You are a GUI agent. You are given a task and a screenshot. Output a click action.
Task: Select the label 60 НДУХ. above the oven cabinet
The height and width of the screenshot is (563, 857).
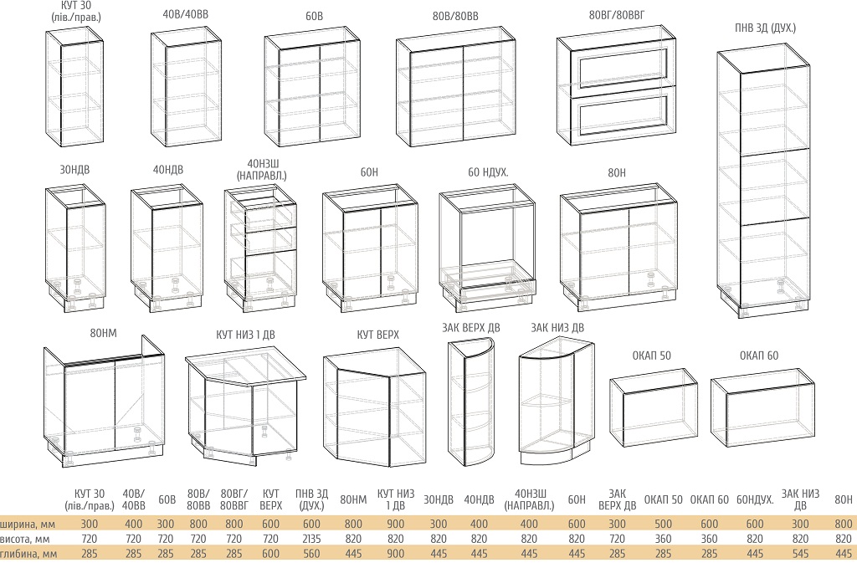tap(488, 172)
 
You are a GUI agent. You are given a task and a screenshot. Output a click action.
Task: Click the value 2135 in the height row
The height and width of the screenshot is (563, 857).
tap(311, 539)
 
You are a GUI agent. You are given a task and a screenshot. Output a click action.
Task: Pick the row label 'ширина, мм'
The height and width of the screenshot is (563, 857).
tap(28, 525)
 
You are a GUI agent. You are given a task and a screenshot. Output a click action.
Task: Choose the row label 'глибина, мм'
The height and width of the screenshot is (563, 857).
tap(28, 554)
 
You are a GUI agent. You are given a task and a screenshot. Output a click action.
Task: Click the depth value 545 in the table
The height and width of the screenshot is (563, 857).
tap(800, 554)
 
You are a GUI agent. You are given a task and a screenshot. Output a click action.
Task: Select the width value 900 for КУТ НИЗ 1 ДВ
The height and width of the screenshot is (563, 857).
tap(395, 525)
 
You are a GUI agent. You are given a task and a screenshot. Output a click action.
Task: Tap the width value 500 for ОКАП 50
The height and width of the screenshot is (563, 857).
tap(663, 525)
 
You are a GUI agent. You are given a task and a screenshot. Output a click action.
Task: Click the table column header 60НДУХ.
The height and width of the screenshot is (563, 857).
tap(755, 499)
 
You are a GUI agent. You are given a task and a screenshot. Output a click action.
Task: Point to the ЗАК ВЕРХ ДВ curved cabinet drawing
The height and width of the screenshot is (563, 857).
tap(470, 402)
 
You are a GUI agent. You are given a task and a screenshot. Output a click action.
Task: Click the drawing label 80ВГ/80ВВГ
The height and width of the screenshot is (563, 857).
tap(617, 16)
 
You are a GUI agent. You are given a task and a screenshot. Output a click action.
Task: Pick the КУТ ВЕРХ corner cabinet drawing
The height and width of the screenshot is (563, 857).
tap(374, 407)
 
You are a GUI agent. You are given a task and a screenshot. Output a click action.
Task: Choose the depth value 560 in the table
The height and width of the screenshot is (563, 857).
tap(311, 554)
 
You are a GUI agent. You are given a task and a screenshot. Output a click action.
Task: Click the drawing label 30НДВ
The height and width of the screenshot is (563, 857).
tap(74, 170)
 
